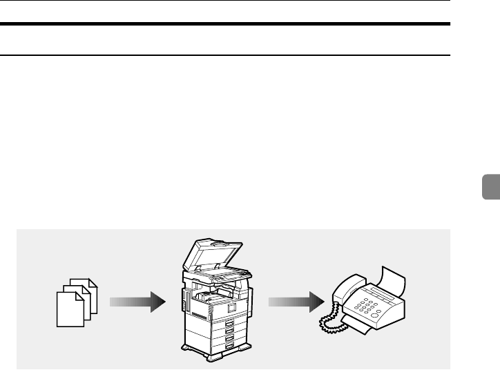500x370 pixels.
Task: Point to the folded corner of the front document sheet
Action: coord(76,293)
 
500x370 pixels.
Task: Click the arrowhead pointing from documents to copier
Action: coord(157,301)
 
